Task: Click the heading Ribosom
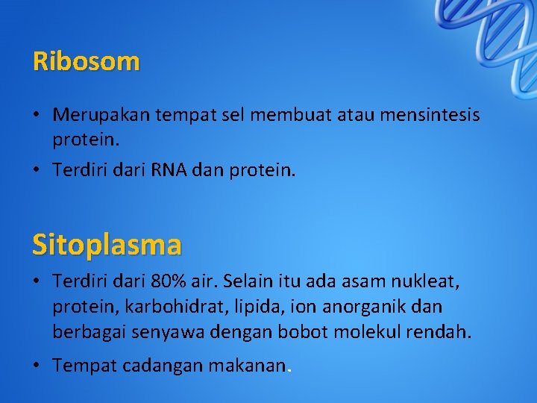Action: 86,61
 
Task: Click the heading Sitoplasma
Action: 107,243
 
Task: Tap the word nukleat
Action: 428,281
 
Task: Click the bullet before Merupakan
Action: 36,116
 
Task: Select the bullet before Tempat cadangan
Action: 36,366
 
